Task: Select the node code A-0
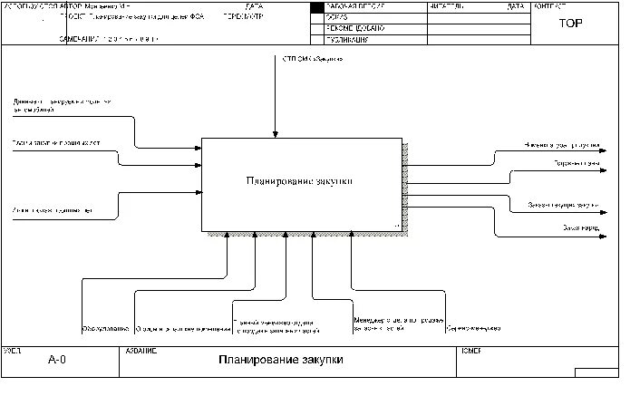56,360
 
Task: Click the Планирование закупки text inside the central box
299,181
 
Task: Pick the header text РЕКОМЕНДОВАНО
356,29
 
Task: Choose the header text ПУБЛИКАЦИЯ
352,40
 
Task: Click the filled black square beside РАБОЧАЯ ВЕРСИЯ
317,7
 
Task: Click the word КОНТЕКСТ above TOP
550,6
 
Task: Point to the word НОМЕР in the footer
470,350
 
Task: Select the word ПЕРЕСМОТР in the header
244,15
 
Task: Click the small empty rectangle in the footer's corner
596,372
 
